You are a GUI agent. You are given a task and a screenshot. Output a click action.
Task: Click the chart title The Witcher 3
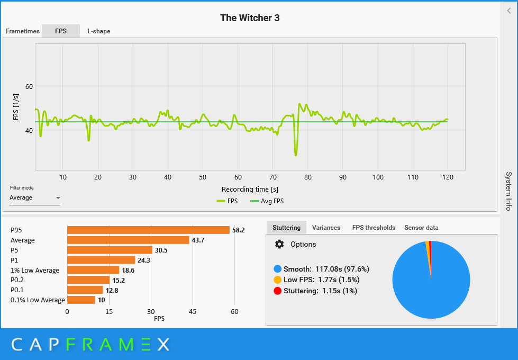pos(250,18)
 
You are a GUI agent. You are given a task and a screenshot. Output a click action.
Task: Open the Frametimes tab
pos(23,31)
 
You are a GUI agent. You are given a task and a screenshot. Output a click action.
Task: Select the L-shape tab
pos(99,31)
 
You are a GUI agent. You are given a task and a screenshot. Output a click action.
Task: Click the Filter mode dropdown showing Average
pos(34,198)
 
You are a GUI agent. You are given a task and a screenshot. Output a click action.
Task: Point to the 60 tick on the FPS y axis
pos(29,86)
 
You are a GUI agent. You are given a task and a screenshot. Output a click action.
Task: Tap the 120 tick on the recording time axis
pos(448,177)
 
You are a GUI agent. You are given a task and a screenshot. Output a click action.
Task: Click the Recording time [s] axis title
pos(250,189)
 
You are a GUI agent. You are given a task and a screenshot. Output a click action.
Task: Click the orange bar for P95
pos(148,230)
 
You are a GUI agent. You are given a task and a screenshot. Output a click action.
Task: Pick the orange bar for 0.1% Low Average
pos(81,300)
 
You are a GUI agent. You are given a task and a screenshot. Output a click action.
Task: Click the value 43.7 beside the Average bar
pos(198,240)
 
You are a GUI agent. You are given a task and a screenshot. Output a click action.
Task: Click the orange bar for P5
pos(110,250)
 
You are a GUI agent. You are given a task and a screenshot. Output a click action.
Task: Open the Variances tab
pos(326,228)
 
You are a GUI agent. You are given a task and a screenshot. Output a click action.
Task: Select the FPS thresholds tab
pos(374,228)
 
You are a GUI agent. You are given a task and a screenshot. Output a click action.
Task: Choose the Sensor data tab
pos(421,228)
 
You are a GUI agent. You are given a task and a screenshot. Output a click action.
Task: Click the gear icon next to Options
pos(279,244)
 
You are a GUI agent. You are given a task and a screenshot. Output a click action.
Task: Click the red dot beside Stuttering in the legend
pos(277,291)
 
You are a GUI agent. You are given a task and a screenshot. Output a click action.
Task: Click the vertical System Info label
pos(508,191)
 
